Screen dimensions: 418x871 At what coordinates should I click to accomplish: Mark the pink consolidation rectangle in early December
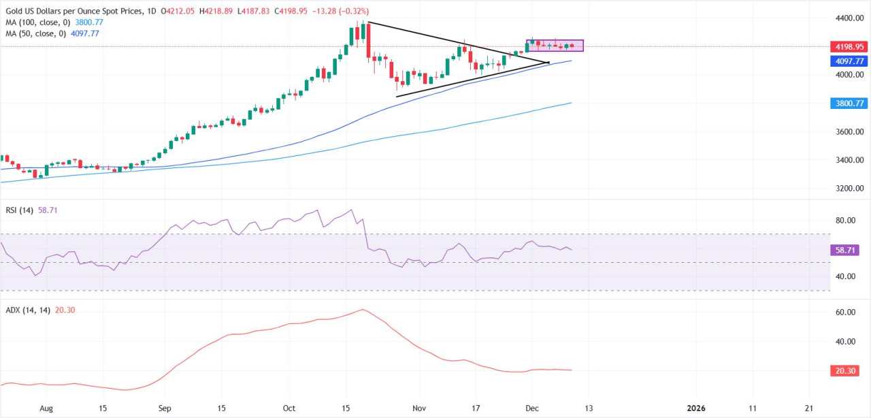[555, 46]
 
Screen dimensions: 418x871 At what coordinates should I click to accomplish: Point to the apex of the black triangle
[548, 63]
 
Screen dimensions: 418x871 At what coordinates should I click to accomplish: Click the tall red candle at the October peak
[367, 41]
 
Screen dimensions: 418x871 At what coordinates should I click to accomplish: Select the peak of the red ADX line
[363, 310]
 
